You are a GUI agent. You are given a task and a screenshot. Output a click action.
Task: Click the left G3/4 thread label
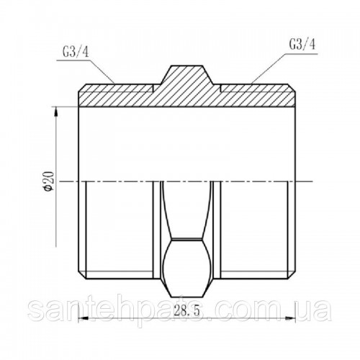click(76, 53)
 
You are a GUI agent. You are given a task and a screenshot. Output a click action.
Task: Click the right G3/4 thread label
click(302, 45)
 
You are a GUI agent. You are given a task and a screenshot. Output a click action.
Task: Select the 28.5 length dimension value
click(186, 311)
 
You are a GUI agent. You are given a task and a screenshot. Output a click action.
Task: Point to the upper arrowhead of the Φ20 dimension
click(56, 112)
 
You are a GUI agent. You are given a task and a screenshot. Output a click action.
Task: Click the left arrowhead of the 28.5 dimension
click(83, 319)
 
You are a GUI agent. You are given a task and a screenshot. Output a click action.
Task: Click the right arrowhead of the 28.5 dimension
click(291, 319)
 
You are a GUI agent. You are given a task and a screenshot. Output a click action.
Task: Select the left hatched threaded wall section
click(116, 95)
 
